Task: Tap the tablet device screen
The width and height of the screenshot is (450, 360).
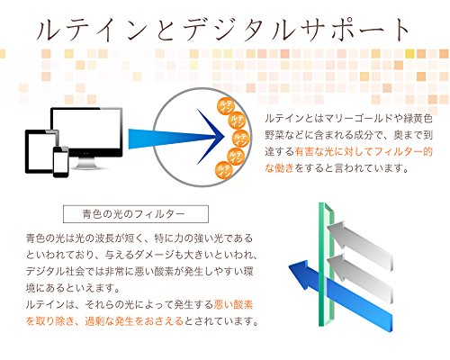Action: pyautogui.click(x=41, y=151)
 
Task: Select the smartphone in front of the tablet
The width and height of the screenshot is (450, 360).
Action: pyautogui.click(x=61, y=162)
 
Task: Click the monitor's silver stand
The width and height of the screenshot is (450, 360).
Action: pyautogui.click(x=87, y=163)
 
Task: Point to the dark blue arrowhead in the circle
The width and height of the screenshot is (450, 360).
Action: pyautogui.click(x=211, y=137)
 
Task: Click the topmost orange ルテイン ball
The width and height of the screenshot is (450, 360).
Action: pyautogui.click(x=226, y=106)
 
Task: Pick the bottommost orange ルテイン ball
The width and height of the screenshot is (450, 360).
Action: pyautogui.click(x=224, y=170)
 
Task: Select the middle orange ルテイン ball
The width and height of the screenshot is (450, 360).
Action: pyautogui.click(x=242, y=138)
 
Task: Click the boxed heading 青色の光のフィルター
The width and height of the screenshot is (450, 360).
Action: pyautogui.click(x=136, y=214)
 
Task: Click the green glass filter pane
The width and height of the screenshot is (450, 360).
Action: pyautogui.click(x=326, y=265)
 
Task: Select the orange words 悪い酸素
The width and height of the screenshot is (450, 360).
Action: pyautogui.click(x=233, y=305)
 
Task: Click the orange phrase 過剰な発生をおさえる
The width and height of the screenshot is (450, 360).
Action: pyautogui.click(x=134, y=321)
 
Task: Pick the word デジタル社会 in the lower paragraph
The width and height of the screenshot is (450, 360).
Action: pyautogui.click(x=50, y=272)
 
